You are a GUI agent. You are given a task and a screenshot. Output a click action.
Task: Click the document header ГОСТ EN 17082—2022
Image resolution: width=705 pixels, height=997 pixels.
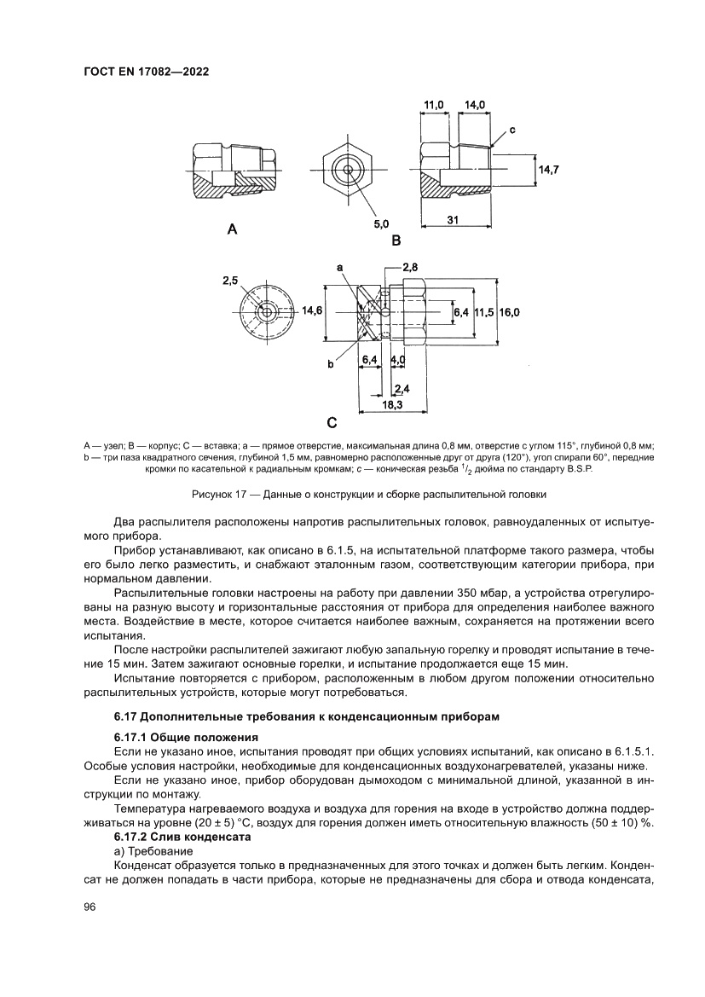point(147,72)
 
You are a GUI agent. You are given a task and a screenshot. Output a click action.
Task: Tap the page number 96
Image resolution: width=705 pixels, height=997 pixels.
point(90,906)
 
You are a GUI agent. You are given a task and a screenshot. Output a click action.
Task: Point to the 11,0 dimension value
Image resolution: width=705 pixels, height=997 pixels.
point(434,105)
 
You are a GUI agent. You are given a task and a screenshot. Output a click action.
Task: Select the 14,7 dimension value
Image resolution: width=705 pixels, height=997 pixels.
point(547,170)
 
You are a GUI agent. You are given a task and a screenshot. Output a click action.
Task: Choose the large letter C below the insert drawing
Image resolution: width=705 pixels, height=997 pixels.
point(332,421)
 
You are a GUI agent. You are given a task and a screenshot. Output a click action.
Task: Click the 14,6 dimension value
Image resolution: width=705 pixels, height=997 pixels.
point(312,311)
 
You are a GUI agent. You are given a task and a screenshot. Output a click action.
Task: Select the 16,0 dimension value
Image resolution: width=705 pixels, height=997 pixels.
point(510,313)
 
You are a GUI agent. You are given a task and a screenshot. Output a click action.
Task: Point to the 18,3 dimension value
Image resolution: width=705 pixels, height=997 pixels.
point(392,405)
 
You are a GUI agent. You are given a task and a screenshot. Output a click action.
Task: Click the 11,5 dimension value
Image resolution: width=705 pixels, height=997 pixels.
point(484,313)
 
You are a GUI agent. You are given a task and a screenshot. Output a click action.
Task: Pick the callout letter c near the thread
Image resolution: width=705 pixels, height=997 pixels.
point(513,130)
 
